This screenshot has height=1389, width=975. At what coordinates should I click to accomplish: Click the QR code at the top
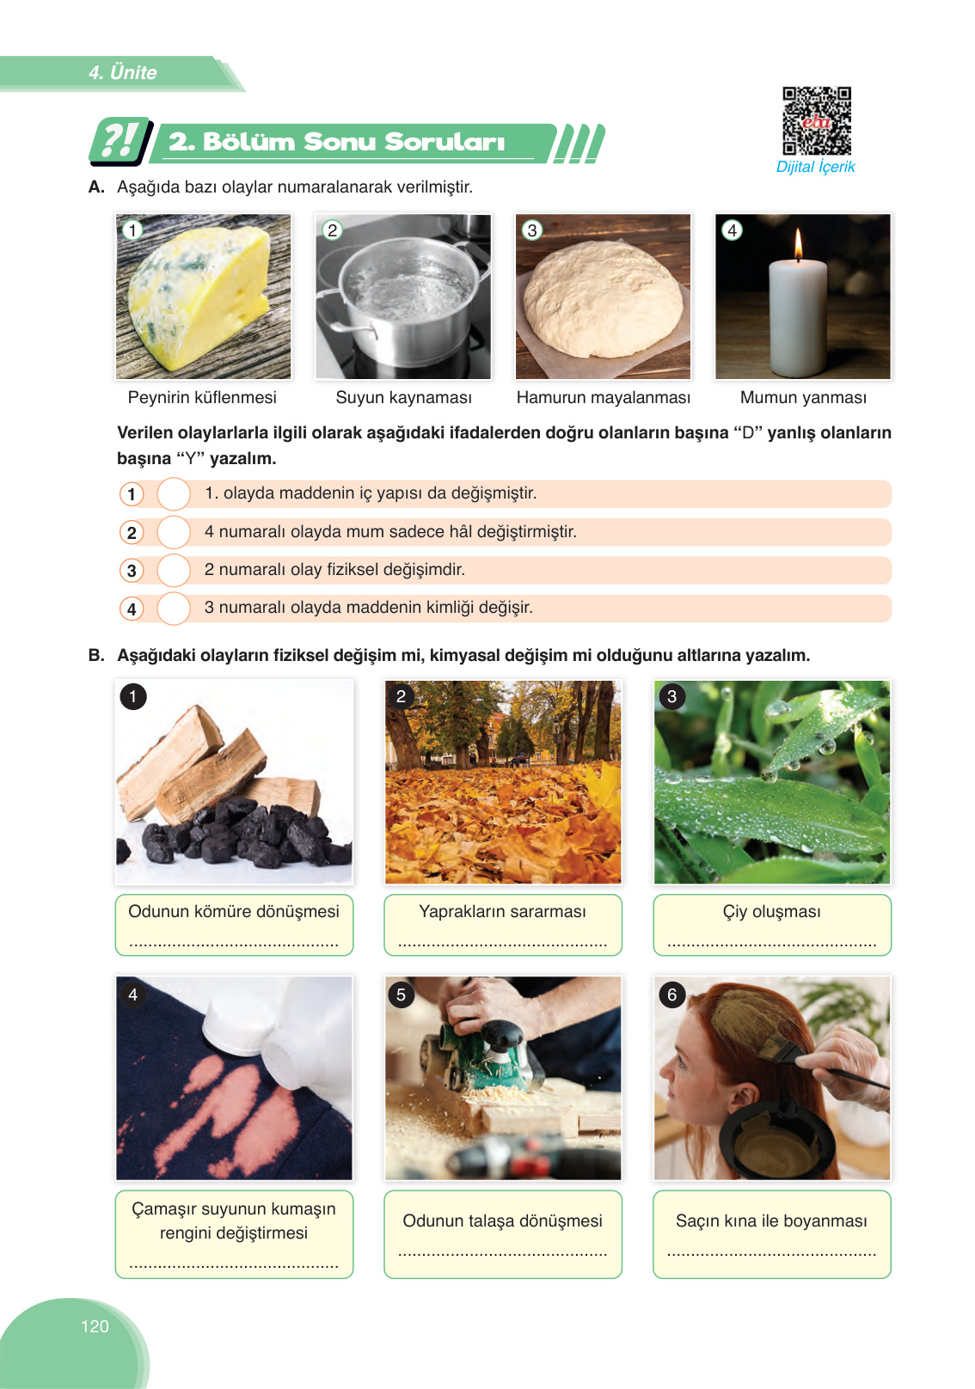pyautogui.click(x=816, y=120)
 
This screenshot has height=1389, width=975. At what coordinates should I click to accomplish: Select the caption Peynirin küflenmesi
pyautogui.click(x=202, y=397)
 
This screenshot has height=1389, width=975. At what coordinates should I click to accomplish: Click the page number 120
pyautogui.click(x=95, y=1325)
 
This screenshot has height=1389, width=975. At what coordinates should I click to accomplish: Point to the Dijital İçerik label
pyautogui.click(x=816, y=167)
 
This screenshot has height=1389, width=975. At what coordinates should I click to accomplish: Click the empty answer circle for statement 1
pyautogui.click(x=174, y=493)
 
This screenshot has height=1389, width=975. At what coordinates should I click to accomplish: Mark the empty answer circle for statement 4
pyautogui.click(x=174, y=609)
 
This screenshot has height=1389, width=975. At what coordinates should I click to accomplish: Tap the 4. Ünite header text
pyautogui.click(x=122, y=72)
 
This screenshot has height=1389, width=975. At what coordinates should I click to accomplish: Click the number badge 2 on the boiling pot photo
pyautogui.click(x=333, y=230)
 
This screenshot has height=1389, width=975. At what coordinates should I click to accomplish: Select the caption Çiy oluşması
pyautogui.click(x=771, y=911)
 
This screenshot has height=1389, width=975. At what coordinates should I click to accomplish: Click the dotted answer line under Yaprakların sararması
pyautogui.click(x=502, y=945)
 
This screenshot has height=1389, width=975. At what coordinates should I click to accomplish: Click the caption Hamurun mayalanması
pyautogui.click(x=604, y=397)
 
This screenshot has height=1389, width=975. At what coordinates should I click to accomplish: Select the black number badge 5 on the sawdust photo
pyautogui.click(x=402, y=994)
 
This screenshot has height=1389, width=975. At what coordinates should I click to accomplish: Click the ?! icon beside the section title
pyautogui.click(x=120, y=141)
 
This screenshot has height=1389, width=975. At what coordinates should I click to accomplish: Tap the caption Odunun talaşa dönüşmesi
pyautogui.click(x=502, y=1221)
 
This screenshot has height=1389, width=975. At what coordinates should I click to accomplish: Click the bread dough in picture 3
pyautogui.click(x=603, y=298)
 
